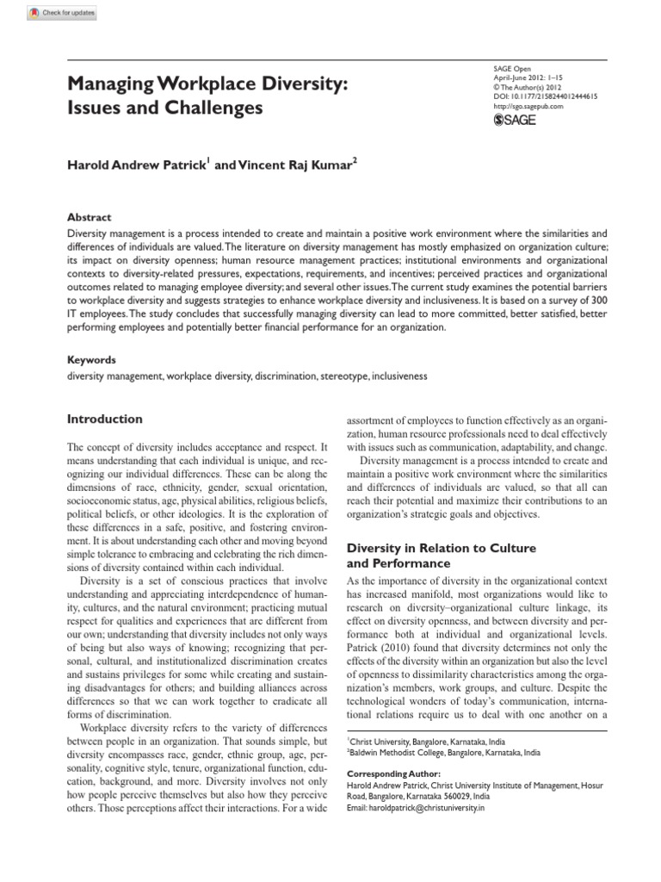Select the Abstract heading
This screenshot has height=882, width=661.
(x=90, y=218)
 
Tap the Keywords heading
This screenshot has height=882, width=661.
(x=91, y=359)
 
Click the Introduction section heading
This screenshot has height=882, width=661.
(x=105, y=419)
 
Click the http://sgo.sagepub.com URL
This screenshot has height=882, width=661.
(x=528, y=106)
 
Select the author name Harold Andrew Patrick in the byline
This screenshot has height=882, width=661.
(x=136, y=165)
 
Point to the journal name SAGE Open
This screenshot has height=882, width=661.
(x=506, y=68)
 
